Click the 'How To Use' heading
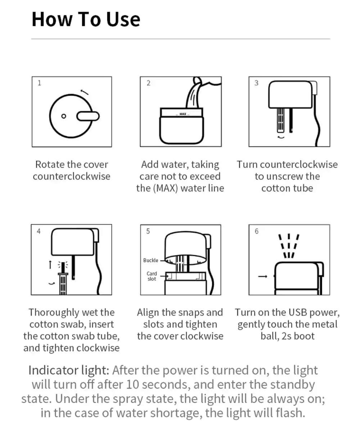pyautogui.click(x=86, y=19)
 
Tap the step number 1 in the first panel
pyautogui.click(x=39, y=83)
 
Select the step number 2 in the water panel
pyautogui.click(x=148, y=83)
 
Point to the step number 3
pyautogui.click(x=256, y=83)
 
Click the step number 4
pyautogui.click(x=39, y=231)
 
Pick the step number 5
pyautogui.click(x=148, y=231)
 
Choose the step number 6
pyautogui.click(x=257, y=231)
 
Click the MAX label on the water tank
pyautogui.click(x=183, y=114)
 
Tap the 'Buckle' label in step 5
pyautogui.click(x=150, y=260)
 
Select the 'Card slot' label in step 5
pyautogui.click(x=152, y=276)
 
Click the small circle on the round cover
pyautogui.click(x=64, y=116)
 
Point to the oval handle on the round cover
pyautogui.click(x=88, y=116)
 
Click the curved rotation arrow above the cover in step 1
pyautogui.click(x=85, y=92)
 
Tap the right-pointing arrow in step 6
pyautogui.click(x=262, y=276)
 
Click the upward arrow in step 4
pyautogui.click(x=50, y=264)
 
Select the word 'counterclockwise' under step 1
pyautogui.click(x=71, y=176)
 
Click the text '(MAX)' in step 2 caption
pyautogui.click(x=166, y=188)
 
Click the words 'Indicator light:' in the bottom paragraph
pyautogui.click(x=69, y=370)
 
